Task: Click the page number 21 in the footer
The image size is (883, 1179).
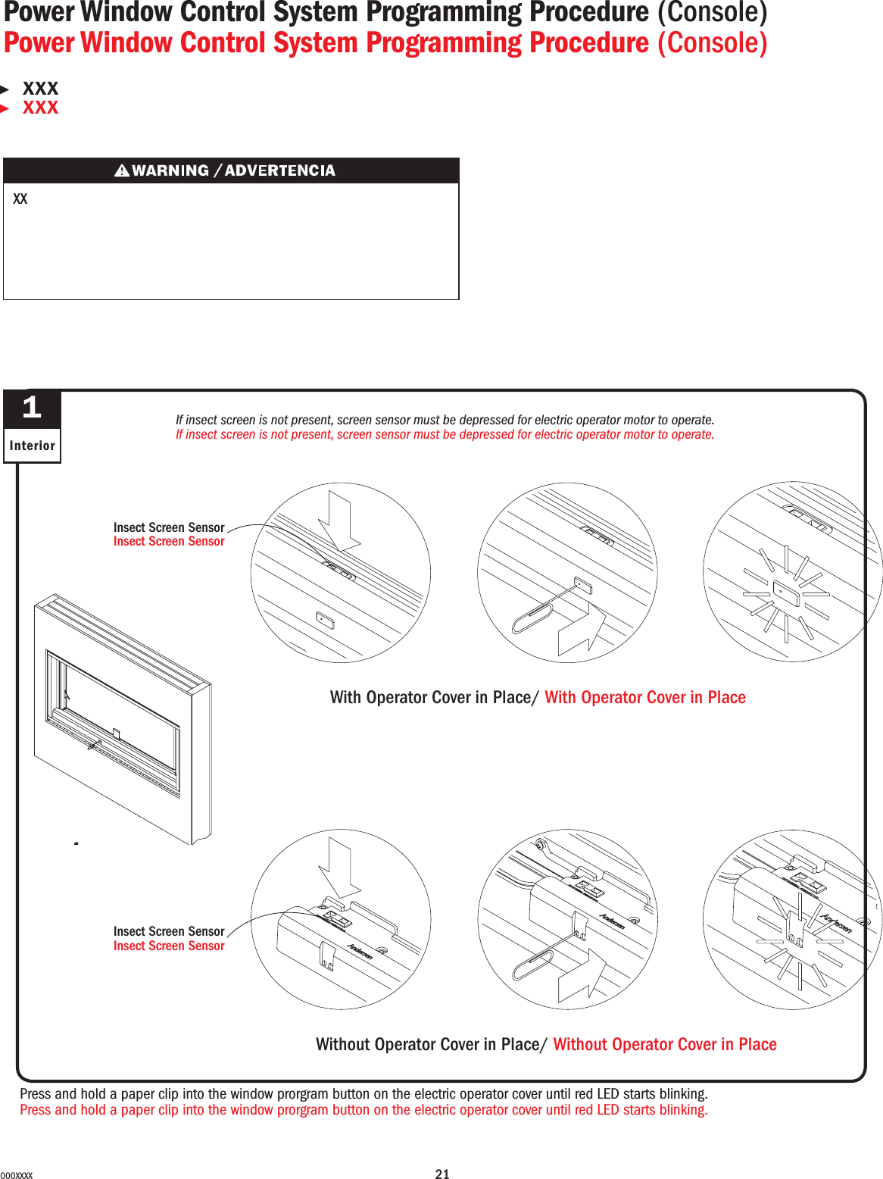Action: (442, 1174)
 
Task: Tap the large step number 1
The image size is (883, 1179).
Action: (32, 408)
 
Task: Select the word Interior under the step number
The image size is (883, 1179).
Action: (32, 446)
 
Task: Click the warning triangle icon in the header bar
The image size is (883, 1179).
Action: (121, 170)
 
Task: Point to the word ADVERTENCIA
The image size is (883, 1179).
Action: (279, 170)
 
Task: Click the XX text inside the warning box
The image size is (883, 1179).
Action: (20, 199)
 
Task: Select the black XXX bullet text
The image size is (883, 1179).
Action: (40, 89)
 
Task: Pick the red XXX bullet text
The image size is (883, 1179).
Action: (40, 108)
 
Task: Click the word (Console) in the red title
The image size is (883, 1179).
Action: (712, 43)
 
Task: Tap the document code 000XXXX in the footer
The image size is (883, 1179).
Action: (17, 1175)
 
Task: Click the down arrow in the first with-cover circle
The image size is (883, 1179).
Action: (340, 521)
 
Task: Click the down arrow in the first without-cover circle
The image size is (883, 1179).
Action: (340, 869)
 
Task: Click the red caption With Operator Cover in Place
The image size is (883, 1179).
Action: (645, 697)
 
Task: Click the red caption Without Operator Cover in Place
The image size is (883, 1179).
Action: (665, 1044)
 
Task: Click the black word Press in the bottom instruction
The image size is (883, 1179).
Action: (35, 1093)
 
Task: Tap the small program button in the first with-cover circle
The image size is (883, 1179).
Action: (325, 621)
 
